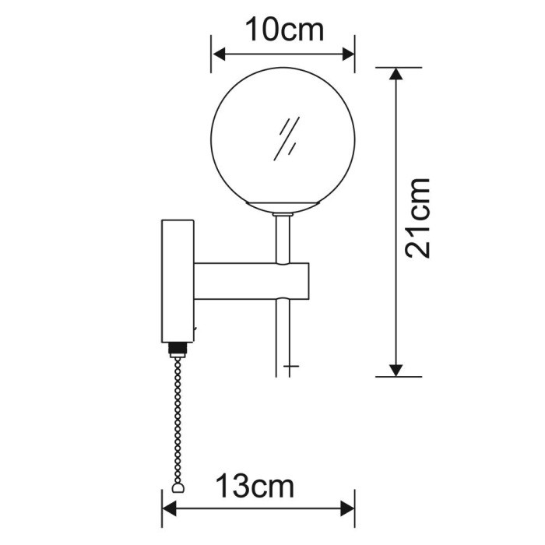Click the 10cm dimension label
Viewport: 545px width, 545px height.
(x=283, y=30)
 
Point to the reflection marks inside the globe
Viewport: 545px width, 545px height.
(x=287, y=139)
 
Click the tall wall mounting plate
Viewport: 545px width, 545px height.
(x=177, y=280)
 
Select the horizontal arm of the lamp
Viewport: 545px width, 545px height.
(x=249, y=281)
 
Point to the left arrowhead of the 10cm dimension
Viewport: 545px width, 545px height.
(x=219, y=54)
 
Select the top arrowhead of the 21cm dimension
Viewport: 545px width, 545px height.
(x=398, y=75)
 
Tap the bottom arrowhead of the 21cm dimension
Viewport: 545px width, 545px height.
(x=398, y=369)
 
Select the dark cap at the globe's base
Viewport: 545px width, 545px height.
(x=283, y=208)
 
